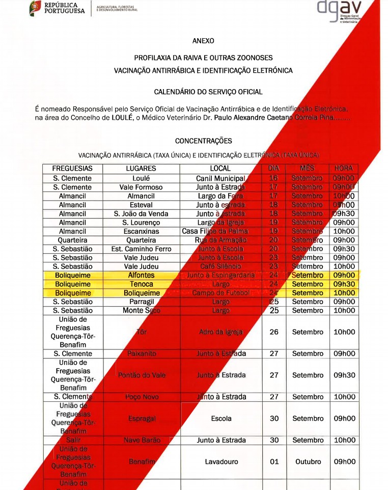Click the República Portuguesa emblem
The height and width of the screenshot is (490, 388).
(36, 8)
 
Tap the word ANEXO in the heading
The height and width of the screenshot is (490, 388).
(203, 41)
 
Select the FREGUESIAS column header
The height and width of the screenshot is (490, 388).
(72, 169)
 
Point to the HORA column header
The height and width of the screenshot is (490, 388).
(344, 169)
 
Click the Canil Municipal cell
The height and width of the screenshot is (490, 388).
(220, 178)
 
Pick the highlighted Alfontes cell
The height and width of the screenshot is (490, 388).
(141, 275)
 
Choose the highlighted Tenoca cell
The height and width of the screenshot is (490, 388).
(141, 284)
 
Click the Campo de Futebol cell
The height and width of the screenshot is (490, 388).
(221, 293)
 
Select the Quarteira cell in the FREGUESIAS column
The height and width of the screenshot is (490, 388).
(72, 240)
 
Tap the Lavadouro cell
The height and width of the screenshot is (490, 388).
(221, 462)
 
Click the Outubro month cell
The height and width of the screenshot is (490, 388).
(308, 462)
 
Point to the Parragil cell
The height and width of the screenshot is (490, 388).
(141, 302)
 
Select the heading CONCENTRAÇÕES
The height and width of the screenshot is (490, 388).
(203, 141)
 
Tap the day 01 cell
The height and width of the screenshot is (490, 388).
(274, 462)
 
